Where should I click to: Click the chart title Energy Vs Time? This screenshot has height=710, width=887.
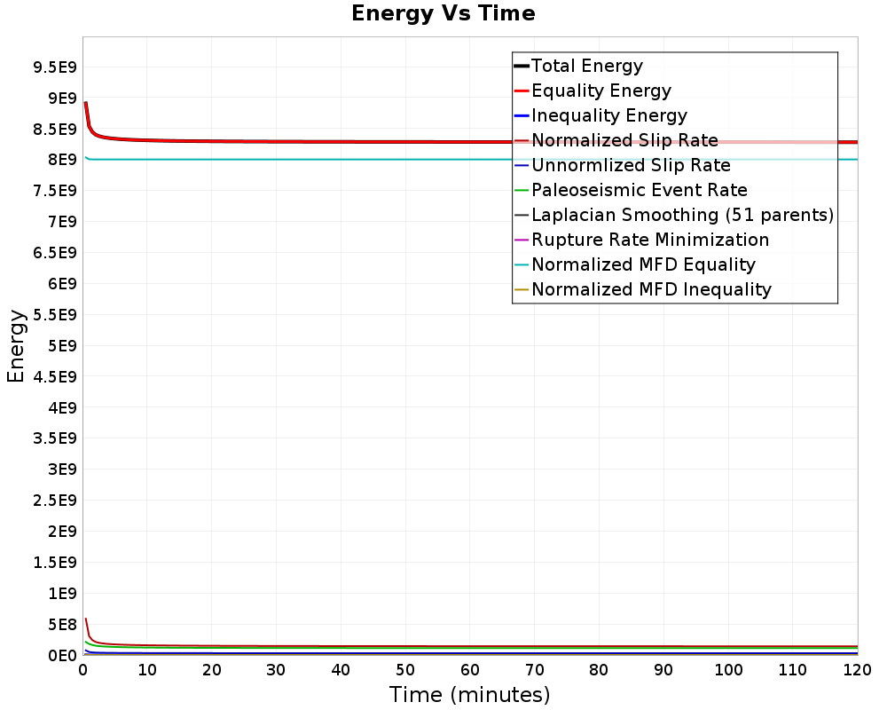443,13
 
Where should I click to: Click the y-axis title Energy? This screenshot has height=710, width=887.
15,346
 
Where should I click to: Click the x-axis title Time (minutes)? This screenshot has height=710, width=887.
469,694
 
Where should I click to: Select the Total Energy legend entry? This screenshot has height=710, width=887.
586,66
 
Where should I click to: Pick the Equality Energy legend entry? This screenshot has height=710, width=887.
600,91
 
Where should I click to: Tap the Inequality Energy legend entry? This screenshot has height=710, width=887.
608,115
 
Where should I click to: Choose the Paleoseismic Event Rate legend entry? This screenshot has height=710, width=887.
639,190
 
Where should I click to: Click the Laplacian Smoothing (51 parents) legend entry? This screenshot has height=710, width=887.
682,215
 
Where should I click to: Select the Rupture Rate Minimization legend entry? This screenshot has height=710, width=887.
649,240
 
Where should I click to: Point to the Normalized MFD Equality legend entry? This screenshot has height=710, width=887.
643,264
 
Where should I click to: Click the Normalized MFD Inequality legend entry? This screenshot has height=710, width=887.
651,289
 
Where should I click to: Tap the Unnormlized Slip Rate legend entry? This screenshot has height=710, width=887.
631,165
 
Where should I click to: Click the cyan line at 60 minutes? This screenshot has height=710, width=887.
470,160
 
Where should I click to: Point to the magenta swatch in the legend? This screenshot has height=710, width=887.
522,240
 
